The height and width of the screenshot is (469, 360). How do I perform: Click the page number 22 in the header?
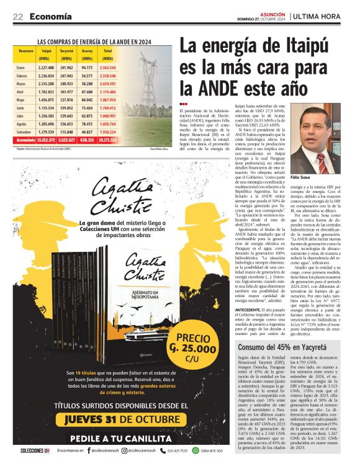pyautogui.click(x=18, y=16)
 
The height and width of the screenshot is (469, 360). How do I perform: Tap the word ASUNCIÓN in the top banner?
pyautogui.click(x=272, y=12)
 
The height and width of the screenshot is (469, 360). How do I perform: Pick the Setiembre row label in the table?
pyautogui.click(x=24, y=132)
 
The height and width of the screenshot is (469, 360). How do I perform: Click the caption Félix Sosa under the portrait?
pyautogui.click(x=312, y=177)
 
